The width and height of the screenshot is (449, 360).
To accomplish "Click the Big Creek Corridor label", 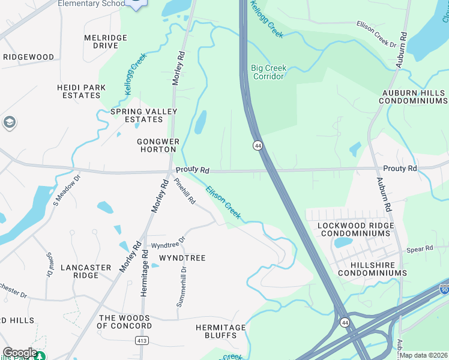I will (x=268, y=72).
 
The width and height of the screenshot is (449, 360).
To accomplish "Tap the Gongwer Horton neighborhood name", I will (x=157, y=145).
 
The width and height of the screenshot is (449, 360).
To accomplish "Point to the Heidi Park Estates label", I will (x=81, y=91).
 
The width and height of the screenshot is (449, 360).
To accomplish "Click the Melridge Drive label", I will (x=106, y=41).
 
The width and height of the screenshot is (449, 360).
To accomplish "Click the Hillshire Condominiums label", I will (x=372, y=268).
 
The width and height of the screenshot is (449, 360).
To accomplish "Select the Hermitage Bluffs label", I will (x=220, y=331).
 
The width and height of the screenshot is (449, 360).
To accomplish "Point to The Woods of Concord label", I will (x=124, y=322).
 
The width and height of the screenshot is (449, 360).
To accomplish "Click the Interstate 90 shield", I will (x=444, y=289).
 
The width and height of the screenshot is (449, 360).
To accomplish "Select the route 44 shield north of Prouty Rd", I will (x=257, y=146).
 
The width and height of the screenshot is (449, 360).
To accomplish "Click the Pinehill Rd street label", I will (x=185, y=191).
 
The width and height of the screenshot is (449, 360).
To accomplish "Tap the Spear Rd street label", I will (x=420, y=249).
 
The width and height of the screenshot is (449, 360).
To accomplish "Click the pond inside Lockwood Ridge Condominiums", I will (x=343, y=242).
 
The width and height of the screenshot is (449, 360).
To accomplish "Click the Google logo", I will (x=19, y=353).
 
